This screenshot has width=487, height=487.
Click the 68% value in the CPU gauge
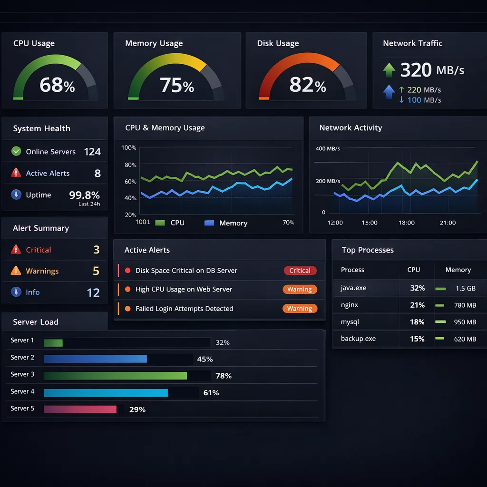click(x=57, y=85)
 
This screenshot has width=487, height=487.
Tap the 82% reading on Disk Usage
click(x=307, y=85)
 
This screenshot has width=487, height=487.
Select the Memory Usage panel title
click(x=154, y=43)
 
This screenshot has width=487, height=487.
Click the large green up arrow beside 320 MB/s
click(x=389, y=70)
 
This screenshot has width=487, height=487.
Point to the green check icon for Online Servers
click(x=16, y=151)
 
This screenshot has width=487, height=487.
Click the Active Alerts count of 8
click(x=97, y=173)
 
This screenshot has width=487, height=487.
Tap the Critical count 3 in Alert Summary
click(x=97, y=250)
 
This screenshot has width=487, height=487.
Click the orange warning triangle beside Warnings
click(x=16, y=271)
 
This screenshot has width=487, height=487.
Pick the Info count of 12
click(x=93, y=292)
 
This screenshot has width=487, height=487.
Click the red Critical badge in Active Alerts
click(x=300, y=271)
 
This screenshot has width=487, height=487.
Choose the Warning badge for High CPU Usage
click(x=300, y=289)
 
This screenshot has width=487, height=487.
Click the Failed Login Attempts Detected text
click(x=184, y=309)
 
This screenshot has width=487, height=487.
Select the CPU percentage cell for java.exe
click(x=417, y=288)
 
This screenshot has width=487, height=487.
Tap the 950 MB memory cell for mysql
click(x=465, y=322)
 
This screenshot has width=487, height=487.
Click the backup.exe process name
click(x=358, y=339)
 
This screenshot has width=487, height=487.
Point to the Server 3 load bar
click(x=115, y=376)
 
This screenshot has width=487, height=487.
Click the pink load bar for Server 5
click(x=80, y=409)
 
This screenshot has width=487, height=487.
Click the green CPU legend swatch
click(x=160, y=223)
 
